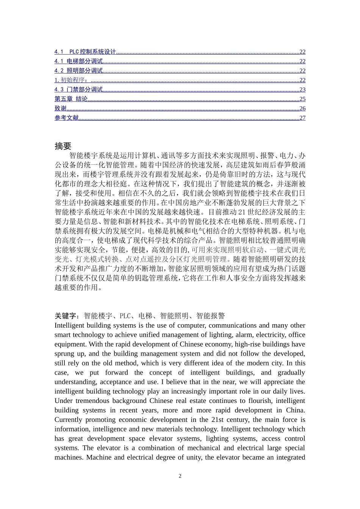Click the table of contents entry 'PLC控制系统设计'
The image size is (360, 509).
(x=92, y=52)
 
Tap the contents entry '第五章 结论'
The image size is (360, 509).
(x=71, y=99)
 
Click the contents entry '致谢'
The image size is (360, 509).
(x=60, y=109)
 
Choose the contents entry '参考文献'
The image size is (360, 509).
(x=66, y=118)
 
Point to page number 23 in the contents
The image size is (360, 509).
(x=302, y=90)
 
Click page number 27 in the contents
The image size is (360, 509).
(x=302, y=118)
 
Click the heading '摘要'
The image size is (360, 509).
(x=63, y=146)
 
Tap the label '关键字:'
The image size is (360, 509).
(x=67, y=316)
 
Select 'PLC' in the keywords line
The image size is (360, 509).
(x=125, y=316)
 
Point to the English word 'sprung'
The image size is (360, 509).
(x=65, y=354)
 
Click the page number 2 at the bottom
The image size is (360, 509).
(x=180, y=476)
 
